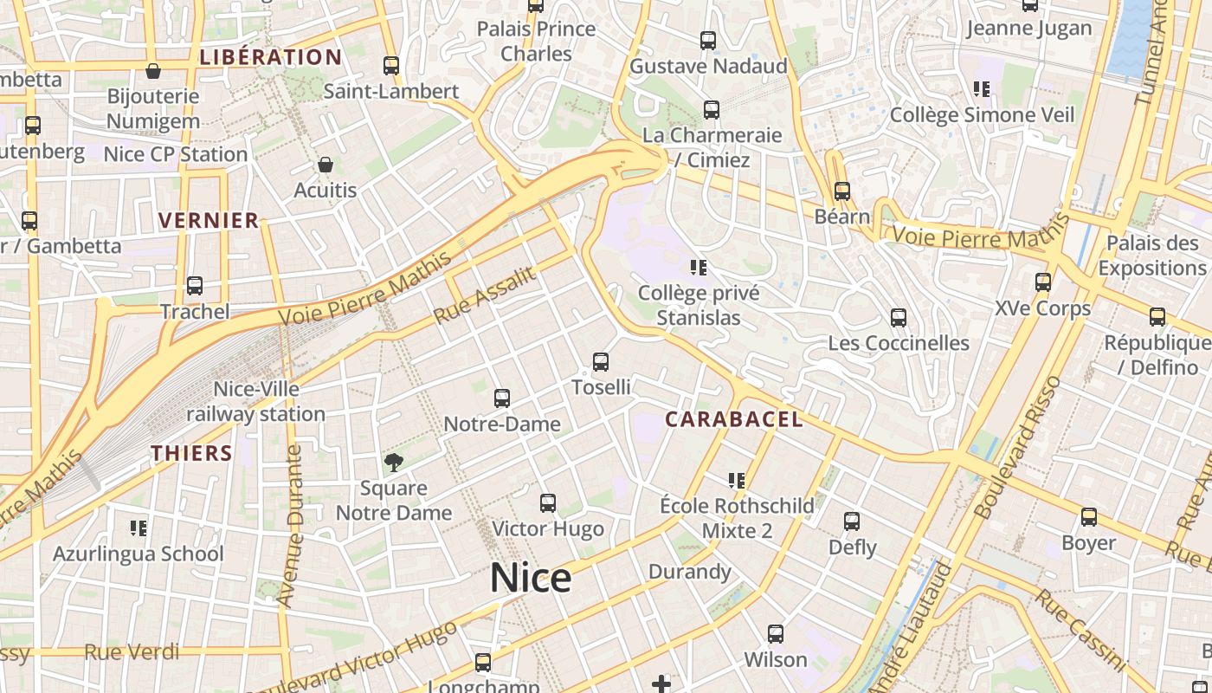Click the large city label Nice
pyautogui.click(x=531, y=578)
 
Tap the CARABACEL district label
pyautogui.click(x=733, y=419)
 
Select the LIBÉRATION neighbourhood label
pyautogui.click(x=271, y=57)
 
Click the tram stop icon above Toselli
pyautogui.click(x=601, y=362)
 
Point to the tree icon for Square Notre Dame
pyautogui.click(x=394, y=463)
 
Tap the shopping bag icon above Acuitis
pyautogui.click(x=326, y=165)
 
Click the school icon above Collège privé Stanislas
pyautogui.click(x=699, y=268)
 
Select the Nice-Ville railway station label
pyautogui.click(x=256, y=402)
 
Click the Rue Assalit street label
pyautogui.click(x=484, y=295)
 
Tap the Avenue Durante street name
pyautogui.click(x=292, y=524)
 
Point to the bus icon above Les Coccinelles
pyautogui.click(x=899, y=318)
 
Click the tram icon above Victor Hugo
pyautogui.click(x=547, y=503)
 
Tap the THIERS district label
pyautogui.click(x=191, y=453)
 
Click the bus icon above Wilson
pyautogui.click(x=776, y=634)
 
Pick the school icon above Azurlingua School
pyautogui.click(x=139, y=528)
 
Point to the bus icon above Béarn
pyautogui.click(x=841, y=191)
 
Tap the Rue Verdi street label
pyautogui.click(x=132, y=651)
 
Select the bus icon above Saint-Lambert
pyautogui.click(x=391, y=66)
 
